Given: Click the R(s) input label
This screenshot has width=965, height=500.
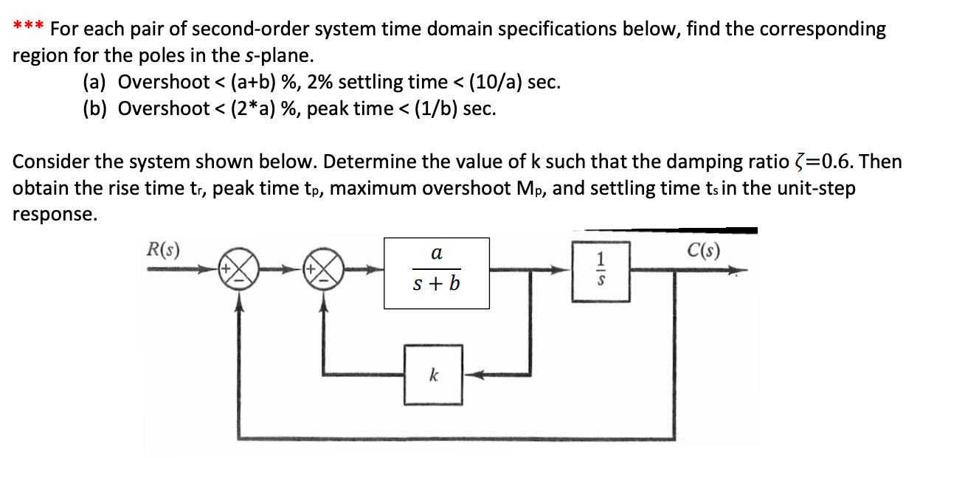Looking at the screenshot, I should pos(165,249).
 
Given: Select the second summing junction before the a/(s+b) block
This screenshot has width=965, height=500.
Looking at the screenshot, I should pos(322,272).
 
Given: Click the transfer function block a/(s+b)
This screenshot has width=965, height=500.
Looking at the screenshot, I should pos(436,272).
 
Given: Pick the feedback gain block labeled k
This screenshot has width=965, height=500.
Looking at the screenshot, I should pos(432,375).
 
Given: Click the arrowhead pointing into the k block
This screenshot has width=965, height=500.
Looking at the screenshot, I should pos(472,375).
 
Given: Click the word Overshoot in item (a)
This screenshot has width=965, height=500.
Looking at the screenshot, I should pos(164,82).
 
